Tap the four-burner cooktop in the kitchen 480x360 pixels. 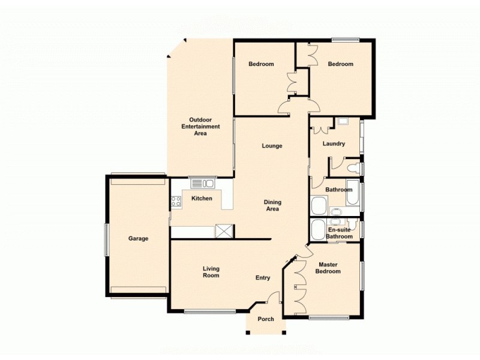[176, 202]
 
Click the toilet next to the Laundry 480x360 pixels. [354, 167]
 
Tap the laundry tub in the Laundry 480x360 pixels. [343, 122]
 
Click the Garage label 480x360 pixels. [138, 238]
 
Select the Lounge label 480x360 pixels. [272, 146]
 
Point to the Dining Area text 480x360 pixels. [272, 206]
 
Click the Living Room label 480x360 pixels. [211, 272]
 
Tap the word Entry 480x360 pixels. [263, 278]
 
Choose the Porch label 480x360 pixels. [266, 319]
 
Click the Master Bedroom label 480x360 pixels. [329, 268]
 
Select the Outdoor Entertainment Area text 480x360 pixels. [200, 126]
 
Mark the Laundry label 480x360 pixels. [334, 143]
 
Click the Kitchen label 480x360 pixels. [202, 199]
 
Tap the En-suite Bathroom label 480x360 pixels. [340, 233]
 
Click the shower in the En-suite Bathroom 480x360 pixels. [319, 229]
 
